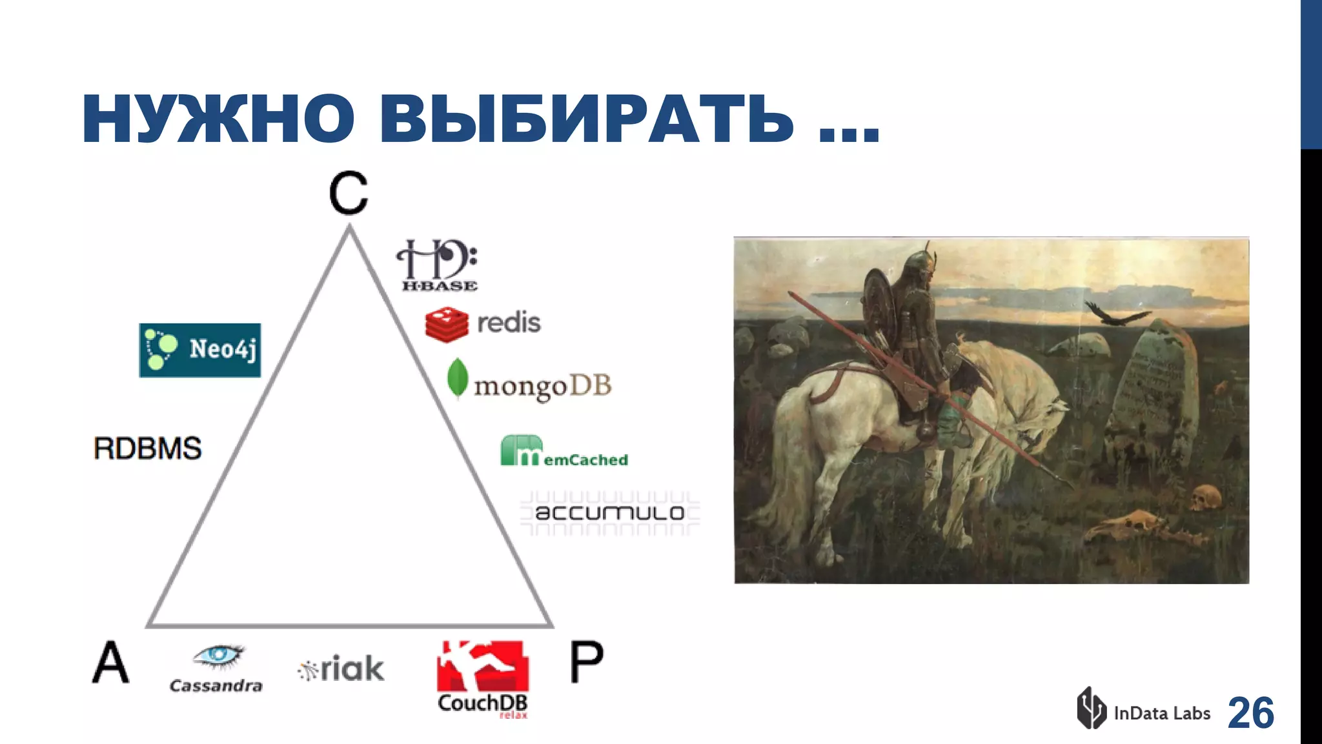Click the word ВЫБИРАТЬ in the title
(586, 119)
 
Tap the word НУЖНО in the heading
(218, 119)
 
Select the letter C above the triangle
(349, 193)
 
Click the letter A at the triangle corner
(110, 662)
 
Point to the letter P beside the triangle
(586, 662)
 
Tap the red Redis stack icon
(447, 324)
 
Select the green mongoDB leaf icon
(457, 378)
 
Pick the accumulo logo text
(609, 513)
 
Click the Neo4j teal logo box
(200, 350)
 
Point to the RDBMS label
(148, 448)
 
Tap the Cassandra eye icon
(218, 655)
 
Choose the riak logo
(341, 669)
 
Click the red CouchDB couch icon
(482, 666)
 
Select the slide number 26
(1250, 713)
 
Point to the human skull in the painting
(1205, 498)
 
